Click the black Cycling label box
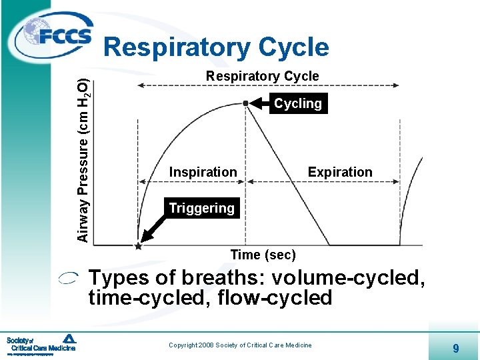298,103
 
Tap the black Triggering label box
201,209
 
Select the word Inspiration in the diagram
203,172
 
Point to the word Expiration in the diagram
340,172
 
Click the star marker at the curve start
138,246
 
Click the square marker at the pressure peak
245,102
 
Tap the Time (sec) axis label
263,255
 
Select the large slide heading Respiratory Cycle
217,47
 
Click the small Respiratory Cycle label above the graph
262,76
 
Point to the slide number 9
455,347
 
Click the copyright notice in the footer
240,345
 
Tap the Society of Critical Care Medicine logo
41,343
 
